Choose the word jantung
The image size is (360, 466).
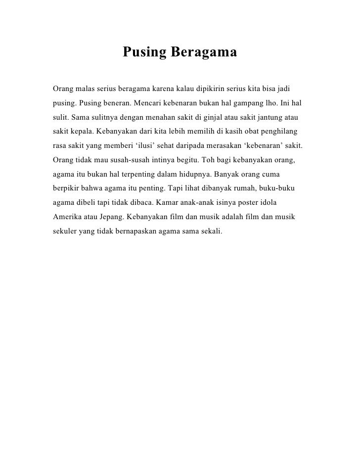coord(270,119)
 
